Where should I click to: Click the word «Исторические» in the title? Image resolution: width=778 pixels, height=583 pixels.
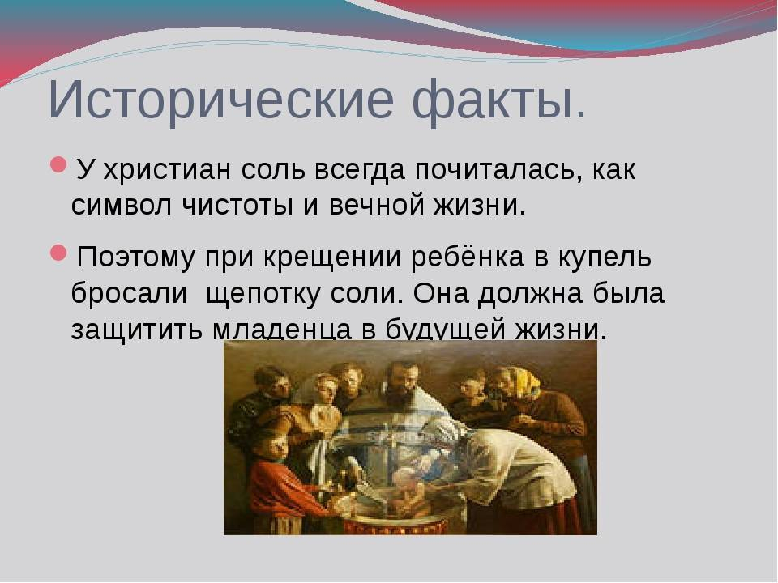tap(221, 100)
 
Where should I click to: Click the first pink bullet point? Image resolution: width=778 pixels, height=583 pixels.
tap(58, 164)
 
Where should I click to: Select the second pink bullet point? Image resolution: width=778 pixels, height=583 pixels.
tap(58, 253)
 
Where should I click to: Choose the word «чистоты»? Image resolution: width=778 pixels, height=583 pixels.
tap(237, 205)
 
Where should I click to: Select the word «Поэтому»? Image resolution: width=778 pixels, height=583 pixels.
tap(136, 257)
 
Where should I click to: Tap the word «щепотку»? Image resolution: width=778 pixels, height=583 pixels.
tap(263, 295)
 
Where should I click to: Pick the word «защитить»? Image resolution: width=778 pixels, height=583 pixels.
tap(137, 328)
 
